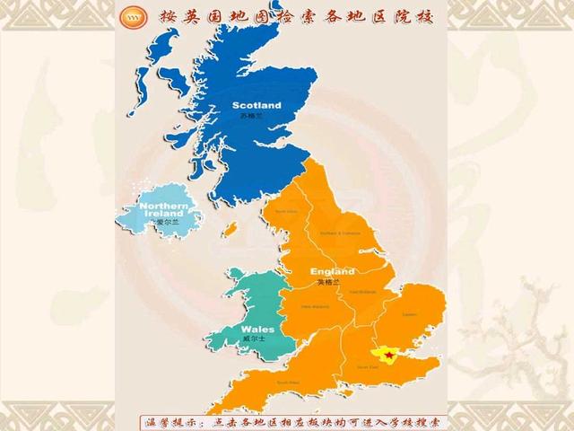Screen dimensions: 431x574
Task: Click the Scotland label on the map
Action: [x=257, y=106]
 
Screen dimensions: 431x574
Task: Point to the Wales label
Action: [x=257, y=329]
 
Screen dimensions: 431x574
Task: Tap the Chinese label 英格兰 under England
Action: [x=329, y=282]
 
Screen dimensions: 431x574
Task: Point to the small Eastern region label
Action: [x=409, y=314]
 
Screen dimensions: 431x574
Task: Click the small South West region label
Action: [x=288, y=382]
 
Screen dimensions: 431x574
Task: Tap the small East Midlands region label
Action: [x=362, y=291]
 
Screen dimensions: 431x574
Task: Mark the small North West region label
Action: [x=285, y=212]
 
